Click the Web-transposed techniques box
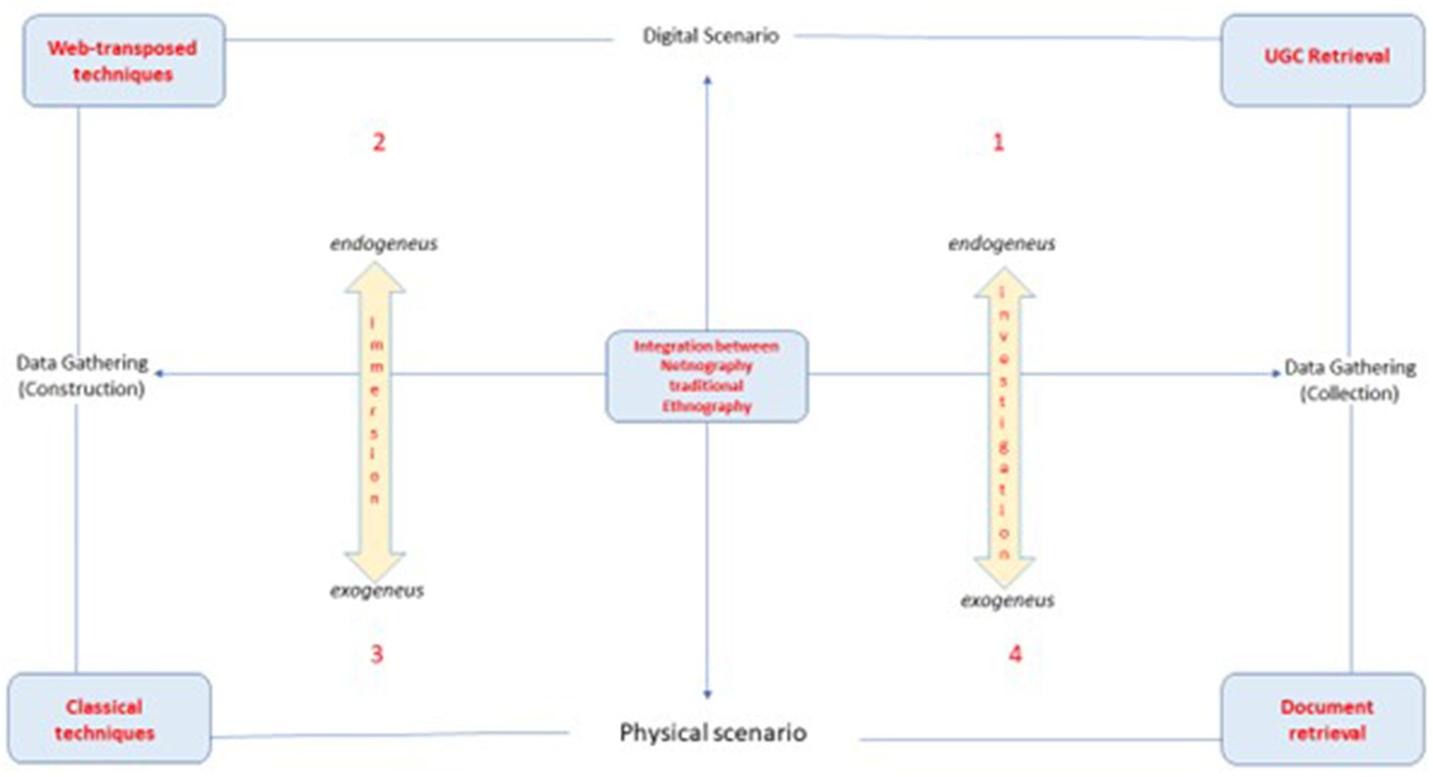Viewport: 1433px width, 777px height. (x=124, y=61)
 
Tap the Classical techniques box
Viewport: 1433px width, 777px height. (x=109, y=719)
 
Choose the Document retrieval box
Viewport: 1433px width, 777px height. (x=1323, y=719)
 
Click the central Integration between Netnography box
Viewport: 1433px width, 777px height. (x=707, y=376)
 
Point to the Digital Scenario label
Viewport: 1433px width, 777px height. (x=710, y=36)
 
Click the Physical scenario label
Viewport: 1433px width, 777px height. (x=712, y=733)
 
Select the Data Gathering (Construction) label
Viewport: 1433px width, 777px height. (x=82, y=375)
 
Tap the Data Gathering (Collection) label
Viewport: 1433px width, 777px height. (x=1350, y=380)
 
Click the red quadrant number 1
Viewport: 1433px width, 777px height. (x=998, y=142)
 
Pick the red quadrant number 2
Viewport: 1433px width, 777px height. (x=378, y=142)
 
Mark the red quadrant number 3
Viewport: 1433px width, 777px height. (x=377, y=654)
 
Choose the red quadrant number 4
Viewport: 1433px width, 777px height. (x=1015, y=654)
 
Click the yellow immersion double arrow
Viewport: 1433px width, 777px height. (x=374, y=420)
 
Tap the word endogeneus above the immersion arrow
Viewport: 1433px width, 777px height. (x=383, y=243)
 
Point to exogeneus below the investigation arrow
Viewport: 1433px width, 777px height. (x=1007, y=601)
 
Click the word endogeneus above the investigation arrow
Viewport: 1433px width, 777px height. (x=1001, y=243)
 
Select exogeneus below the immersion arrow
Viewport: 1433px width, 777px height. (x=377, y=591)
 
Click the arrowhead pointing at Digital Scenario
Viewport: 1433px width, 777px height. (x=708, y=80)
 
